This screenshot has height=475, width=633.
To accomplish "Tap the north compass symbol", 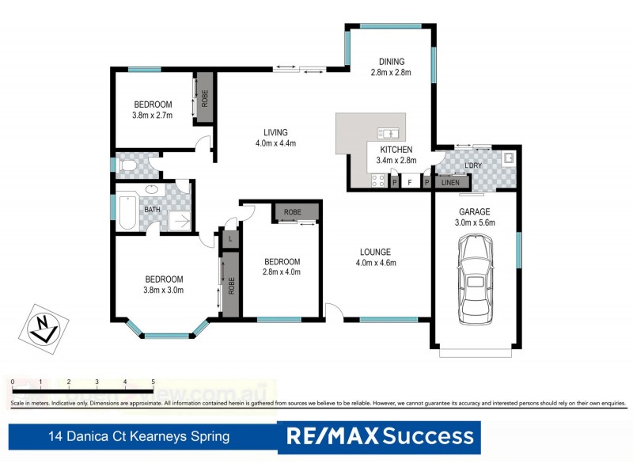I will (41, 327).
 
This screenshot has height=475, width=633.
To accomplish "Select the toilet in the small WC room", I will (129, 165).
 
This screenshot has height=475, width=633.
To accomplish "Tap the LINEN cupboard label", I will (449, 183).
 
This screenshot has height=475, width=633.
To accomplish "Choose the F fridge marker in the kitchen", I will (409, 183).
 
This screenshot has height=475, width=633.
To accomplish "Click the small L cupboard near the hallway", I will (229, 238).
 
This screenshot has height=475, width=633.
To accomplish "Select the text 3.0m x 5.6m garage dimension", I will (475, 223).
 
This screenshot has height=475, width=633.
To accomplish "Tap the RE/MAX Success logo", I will (380, 436).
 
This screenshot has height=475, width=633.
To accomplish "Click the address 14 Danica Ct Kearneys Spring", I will (138, 436).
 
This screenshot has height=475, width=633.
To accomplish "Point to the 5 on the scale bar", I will (153, 382).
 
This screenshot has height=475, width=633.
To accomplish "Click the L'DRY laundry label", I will (473, 165).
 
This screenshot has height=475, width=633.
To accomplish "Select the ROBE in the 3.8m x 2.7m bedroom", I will (205, 98).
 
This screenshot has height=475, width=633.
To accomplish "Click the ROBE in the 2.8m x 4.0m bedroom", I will (293, 212).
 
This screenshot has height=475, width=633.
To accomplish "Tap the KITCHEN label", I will (396, 150).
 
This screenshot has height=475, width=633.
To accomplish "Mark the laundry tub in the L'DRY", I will (509, 158).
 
